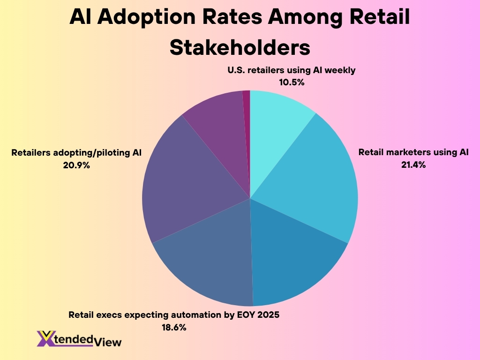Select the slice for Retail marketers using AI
coord(309,183)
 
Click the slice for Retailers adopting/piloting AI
coord(187,183)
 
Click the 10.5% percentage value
coord(292,82)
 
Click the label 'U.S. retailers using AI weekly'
coord(292,71)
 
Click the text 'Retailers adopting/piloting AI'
coord(76,152)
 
